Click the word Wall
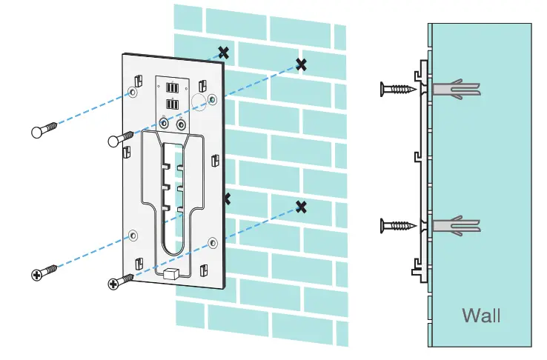pos(481,315)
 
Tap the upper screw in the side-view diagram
pos(398,89)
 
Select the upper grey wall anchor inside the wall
pos(455,89)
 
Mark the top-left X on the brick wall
pos(222,53)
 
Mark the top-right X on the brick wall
pos(301,64)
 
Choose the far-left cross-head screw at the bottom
pos(44,273)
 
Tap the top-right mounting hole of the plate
pos(213,98)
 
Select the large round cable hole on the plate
pos(199,99)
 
